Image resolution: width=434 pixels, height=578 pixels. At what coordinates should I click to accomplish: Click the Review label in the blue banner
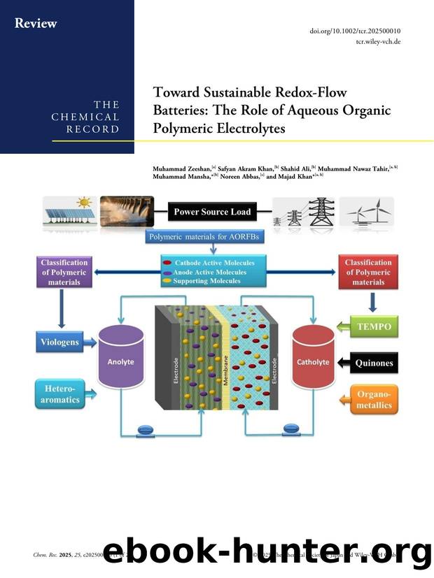pos(36,24)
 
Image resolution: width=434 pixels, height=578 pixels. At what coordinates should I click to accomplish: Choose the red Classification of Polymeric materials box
pos(368,272)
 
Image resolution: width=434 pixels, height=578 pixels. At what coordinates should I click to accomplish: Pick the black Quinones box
pos(374,363)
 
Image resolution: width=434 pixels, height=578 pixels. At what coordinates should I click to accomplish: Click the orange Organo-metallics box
pos(373,399)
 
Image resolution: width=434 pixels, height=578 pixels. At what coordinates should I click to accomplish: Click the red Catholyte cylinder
pos(312,361)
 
